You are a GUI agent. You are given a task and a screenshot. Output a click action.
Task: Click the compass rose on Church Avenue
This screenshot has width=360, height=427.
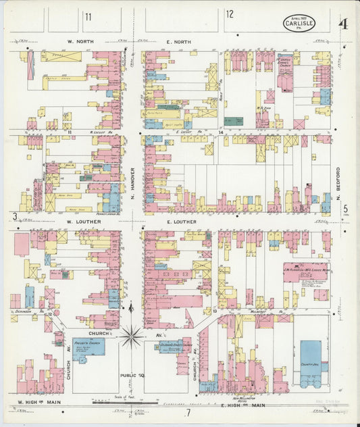pyautogui.click(x=131, y=332)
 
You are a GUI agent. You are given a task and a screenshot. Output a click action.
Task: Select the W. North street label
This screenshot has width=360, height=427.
pyautogui.click(x=79, y=42)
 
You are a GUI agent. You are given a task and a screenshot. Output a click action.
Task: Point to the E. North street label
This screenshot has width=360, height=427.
pyautogui.click(x=179, y=42)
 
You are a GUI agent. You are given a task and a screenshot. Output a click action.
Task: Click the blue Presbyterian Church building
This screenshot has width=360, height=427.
pyautogui.click(x=88, y=347)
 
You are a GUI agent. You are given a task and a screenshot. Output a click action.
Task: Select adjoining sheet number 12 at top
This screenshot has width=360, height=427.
pyautogui.click(x=230, y=14)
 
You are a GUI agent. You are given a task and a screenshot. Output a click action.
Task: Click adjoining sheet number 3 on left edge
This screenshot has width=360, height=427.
pyautogui.click(x=14, y=216)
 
